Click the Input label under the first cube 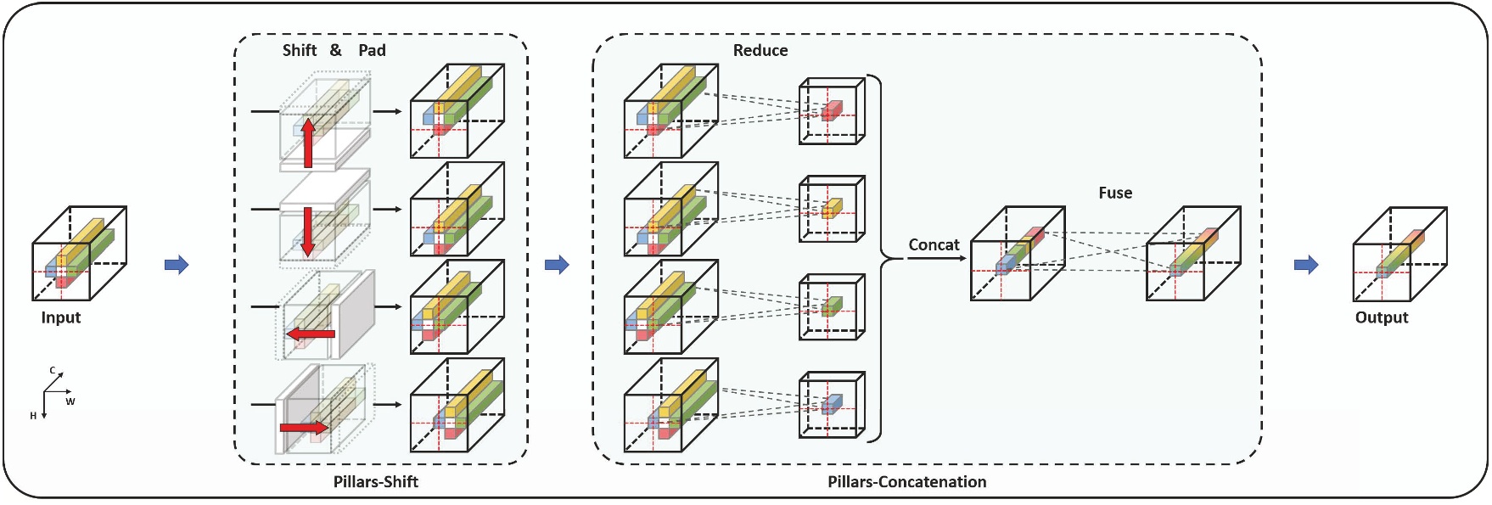tap(60, 317)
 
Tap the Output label tap(1381, 317)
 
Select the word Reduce tap(760, 51)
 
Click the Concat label tap(934, 245)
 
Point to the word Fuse tap(1114, 194)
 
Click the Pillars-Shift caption tap(375, 482)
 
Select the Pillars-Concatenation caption tap(906, 482)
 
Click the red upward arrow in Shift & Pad tap(308, 142)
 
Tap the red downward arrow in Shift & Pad tap(307, 231)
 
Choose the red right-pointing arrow tap(303, 427)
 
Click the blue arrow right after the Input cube tap(177, 265)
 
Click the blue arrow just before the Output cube tap(1305, 265)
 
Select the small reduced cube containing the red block tap(831, 111)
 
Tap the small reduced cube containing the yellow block tap(831, 209)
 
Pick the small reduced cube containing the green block tap(831, 306)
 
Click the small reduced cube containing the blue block tap(831, 404)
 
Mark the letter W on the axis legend tap(70, 401)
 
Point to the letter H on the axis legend tap(33, 416)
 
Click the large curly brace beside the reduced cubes tap(878, 258)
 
